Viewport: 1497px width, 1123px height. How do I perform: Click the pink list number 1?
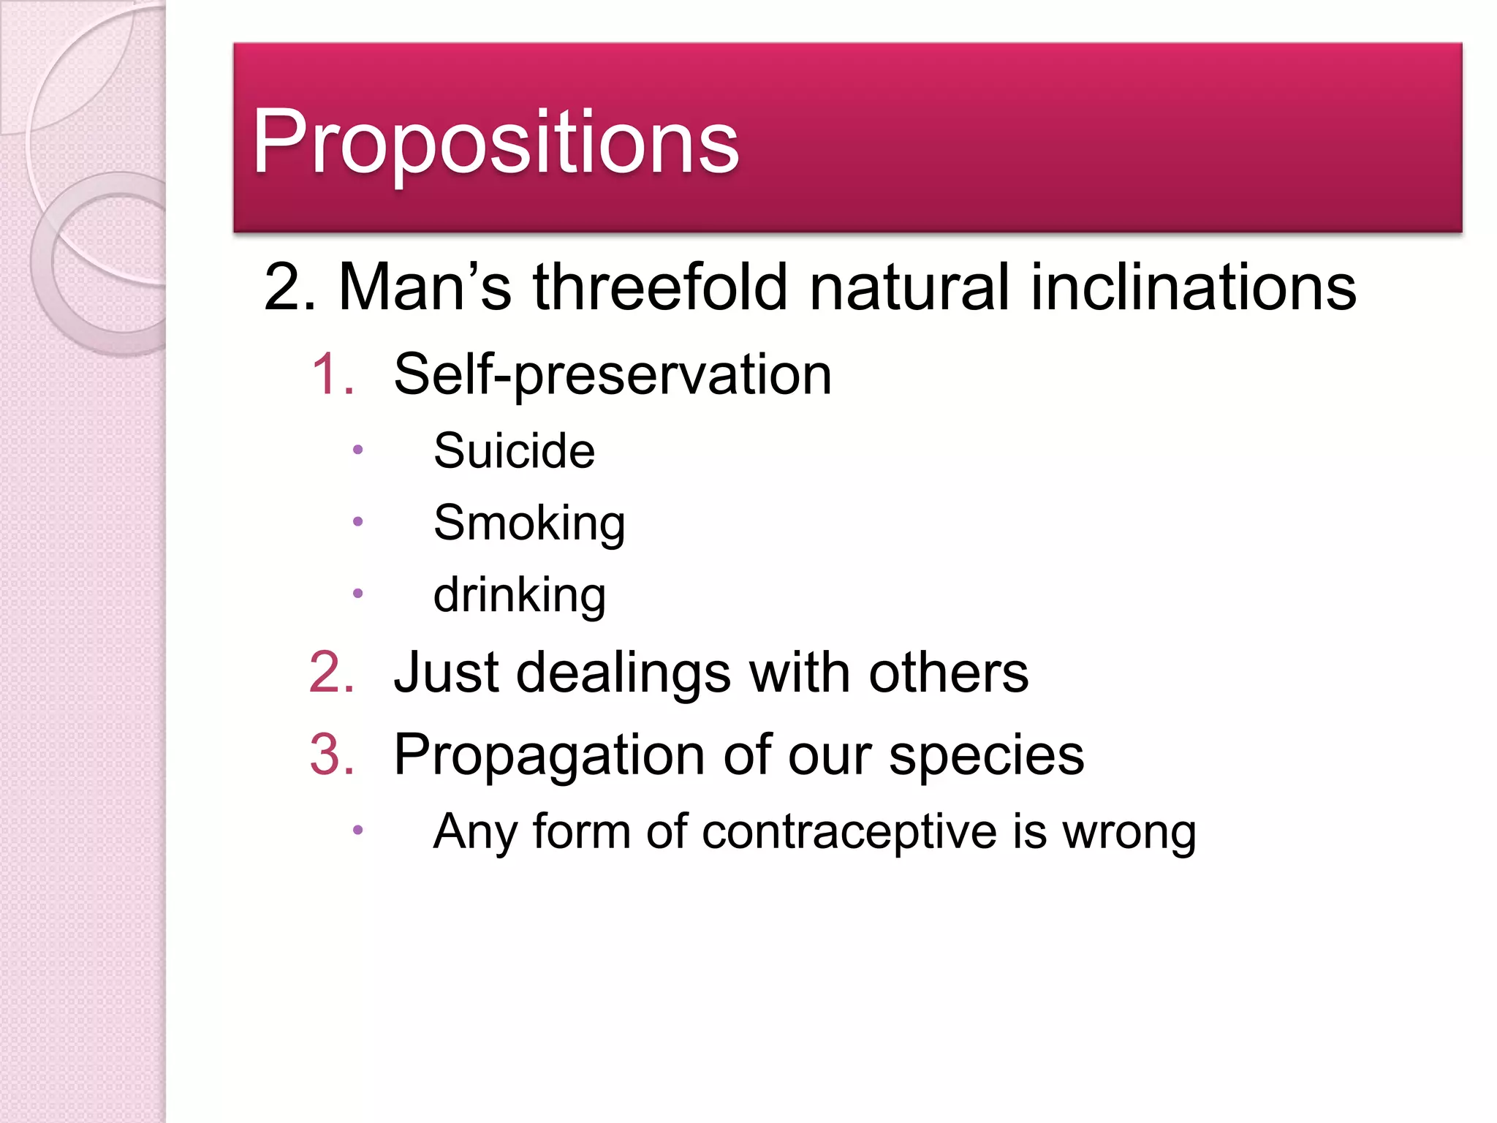333,374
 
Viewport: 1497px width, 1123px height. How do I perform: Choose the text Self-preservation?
613,374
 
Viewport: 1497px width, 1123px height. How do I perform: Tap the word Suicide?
514,450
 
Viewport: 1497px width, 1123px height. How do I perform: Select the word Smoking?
529,523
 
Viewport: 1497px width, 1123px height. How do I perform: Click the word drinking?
520,595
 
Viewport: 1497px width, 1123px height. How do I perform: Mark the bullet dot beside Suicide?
357,450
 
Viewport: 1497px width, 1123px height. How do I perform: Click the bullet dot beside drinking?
357,594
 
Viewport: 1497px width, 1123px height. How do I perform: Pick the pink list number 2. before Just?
333,672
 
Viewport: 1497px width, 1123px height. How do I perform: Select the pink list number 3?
333,754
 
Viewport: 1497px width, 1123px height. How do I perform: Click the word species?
986,755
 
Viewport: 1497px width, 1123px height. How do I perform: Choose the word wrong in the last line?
1129,833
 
